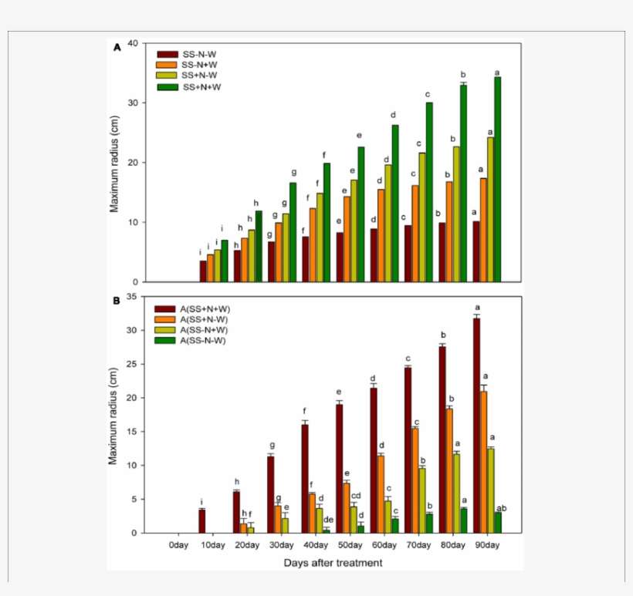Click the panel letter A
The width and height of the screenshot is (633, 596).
click(117, 47)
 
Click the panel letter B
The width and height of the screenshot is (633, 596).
click(117, 301)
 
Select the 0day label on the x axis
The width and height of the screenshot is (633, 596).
click(178, 545)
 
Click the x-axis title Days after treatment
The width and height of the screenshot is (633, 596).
click(332, 563)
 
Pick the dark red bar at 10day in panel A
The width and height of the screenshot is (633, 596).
click(203, 271)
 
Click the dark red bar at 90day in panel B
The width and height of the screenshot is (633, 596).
click(476, 425)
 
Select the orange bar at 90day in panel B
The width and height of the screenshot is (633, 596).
click(483, 462)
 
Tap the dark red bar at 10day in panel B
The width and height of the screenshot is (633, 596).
click(201, 521)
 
